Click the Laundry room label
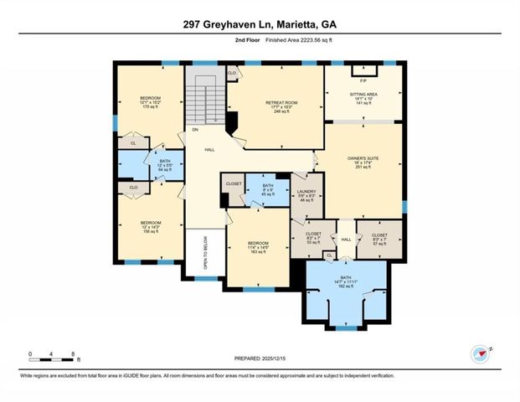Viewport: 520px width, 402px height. point(306,195)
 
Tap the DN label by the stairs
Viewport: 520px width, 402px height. point(195,131)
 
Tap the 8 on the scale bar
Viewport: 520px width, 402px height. point(74,354)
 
